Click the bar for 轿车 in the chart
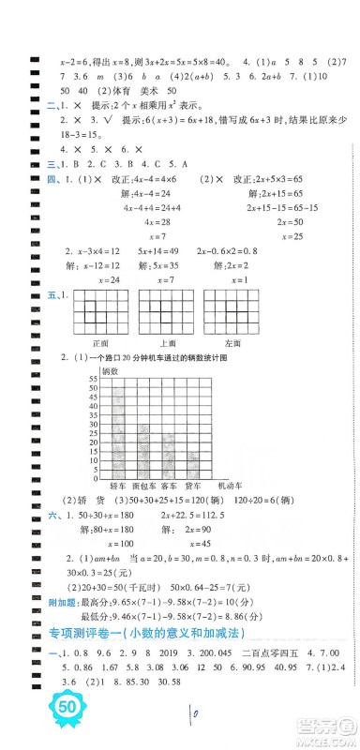coord(118,430)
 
